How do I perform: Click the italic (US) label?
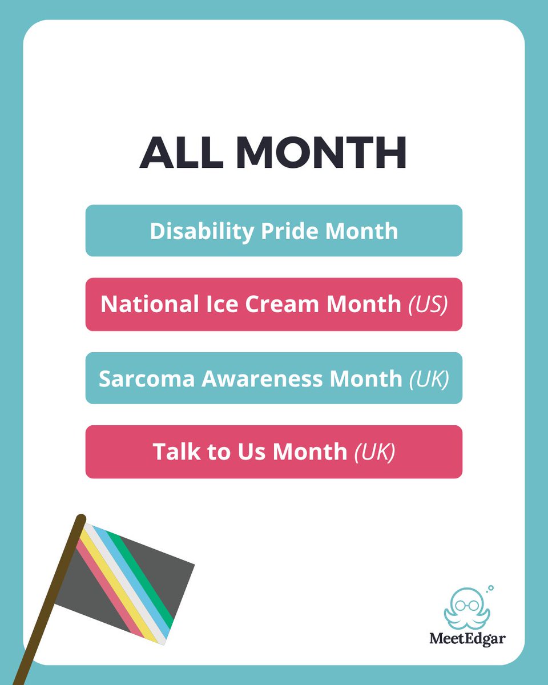(x=428, y=304)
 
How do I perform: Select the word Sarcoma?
(x=136, y=378)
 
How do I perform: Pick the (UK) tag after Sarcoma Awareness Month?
(x=429, y=378)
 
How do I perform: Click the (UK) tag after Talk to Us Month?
(x=374, y=452)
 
